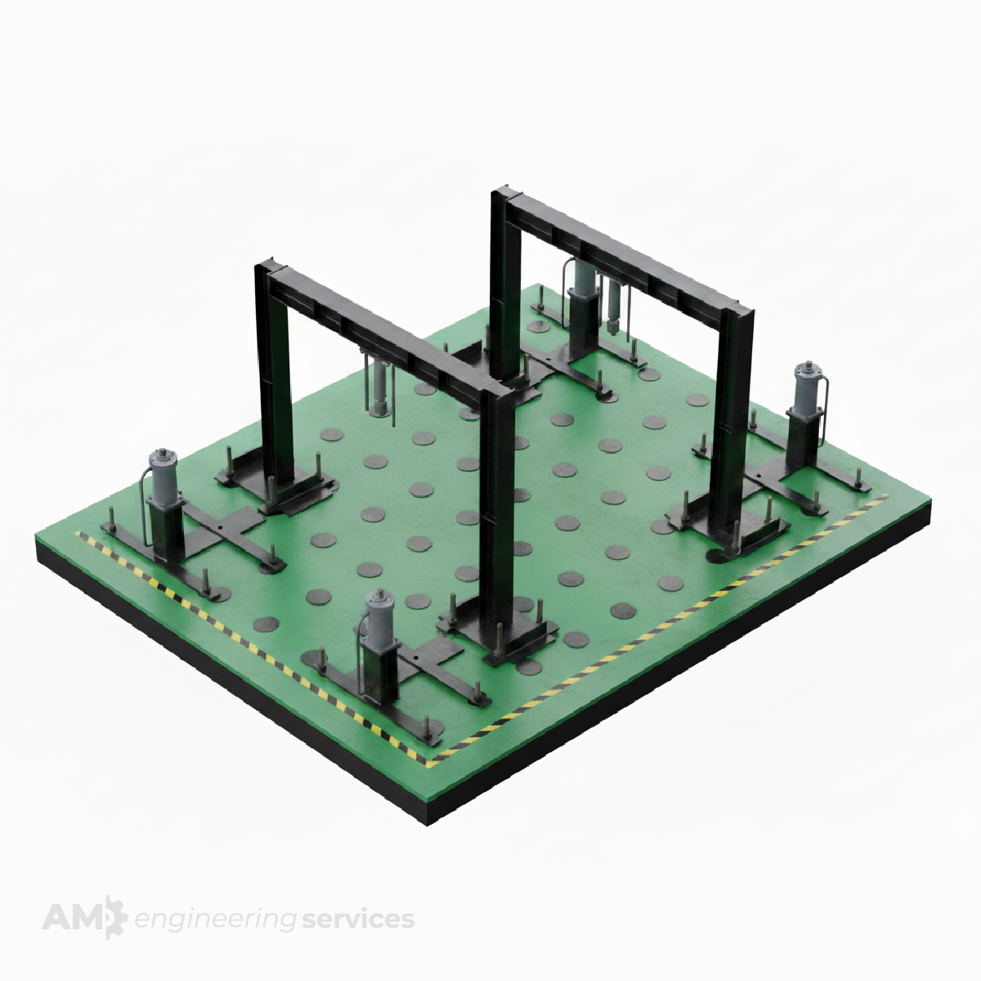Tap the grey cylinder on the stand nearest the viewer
pos(381,616)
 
